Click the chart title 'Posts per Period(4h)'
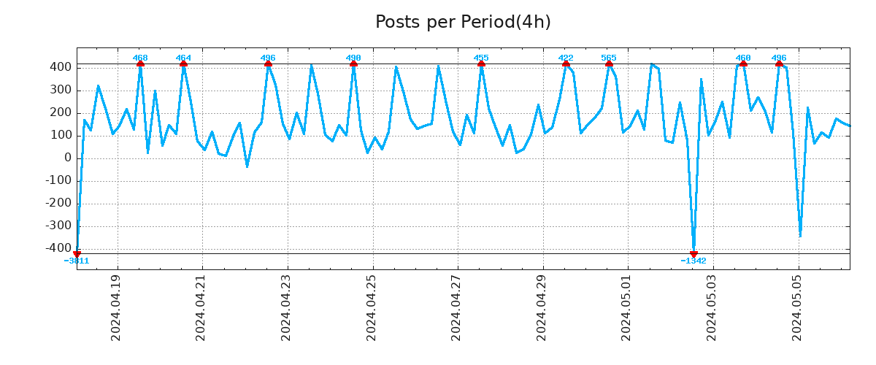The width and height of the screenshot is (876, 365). click(463, 22)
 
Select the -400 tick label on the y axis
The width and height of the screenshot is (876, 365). click(58, 248)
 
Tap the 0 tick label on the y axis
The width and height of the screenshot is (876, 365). click(67, 158)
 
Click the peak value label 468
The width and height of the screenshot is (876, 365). click(140, 58)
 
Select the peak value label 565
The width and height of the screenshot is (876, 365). click(609, 58)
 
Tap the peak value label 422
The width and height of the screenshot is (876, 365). click(566, 58)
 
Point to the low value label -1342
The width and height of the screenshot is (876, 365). click(693, 261)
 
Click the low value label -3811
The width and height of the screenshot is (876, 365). click(77, 261)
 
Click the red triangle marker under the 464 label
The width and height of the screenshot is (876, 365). click(183, 64)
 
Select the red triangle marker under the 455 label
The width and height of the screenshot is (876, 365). click(481, 64)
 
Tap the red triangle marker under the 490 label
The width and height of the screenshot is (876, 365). click(353, 64)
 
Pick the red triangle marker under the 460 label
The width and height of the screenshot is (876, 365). click(743, 64)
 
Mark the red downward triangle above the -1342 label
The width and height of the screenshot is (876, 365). click(693, 253)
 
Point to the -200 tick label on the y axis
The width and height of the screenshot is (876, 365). click(58, 203)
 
